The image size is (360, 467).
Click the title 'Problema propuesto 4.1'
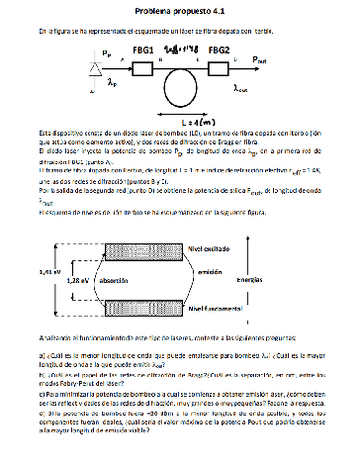coord(182,8)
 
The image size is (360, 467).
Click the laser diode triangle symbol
coord(92,68)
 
